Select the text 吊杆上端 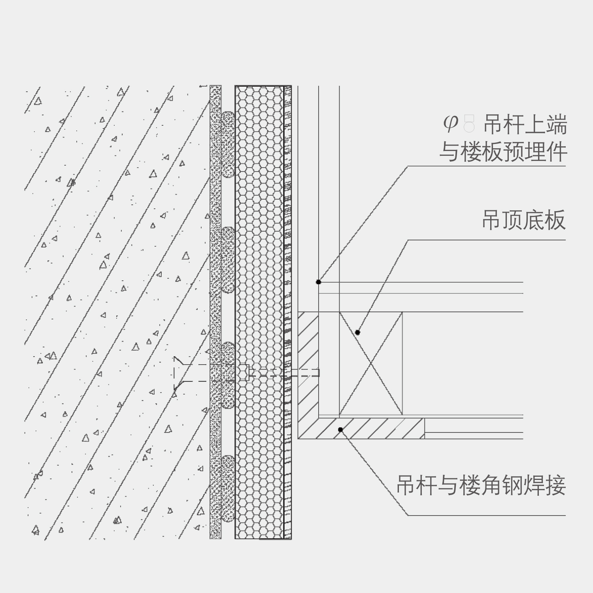click(525, 125)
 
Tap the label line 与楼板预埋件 click(503, 152)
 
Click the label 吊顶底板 click(524, 220)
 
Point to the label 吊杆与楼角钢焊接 click(481, 485)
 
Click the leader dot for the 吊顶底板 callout click(357, 332)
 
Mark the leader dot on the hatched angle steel click(340, 430)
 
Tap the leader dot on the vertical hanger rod click(319, 282)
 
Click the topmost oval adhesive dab click(227, 144)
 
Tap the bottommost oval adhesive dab click(227, 488)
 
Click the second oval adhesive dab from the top click(227, 260)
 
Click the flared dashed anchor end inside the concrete click(179, 373)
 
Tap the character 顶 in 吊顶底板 click(513, 220)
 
